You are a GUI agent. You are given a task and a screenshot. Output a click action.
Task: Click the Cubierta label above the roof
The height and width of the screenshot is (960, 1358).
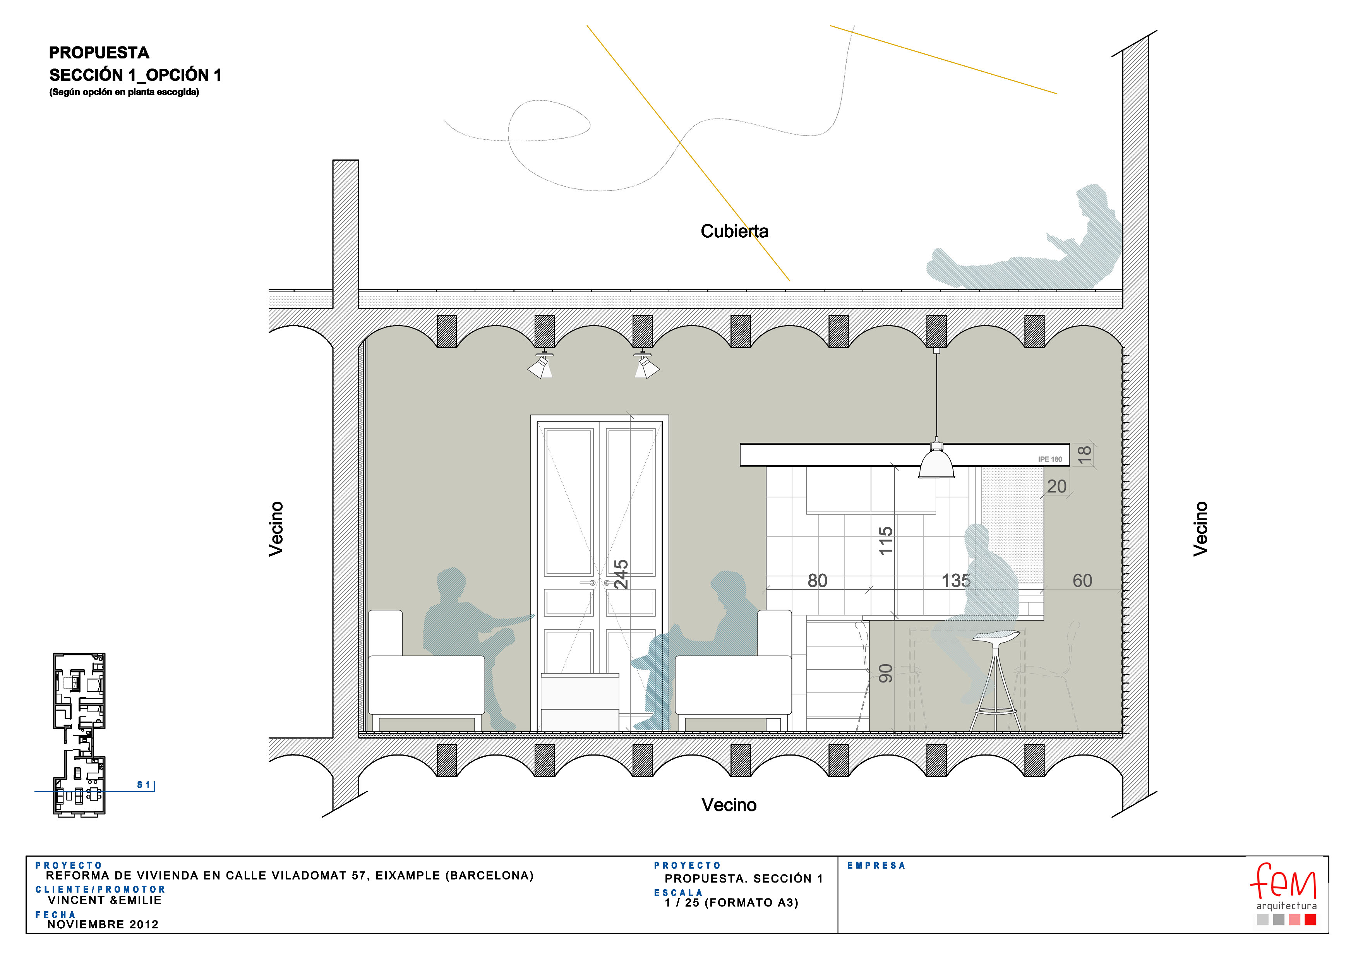coord(734,231)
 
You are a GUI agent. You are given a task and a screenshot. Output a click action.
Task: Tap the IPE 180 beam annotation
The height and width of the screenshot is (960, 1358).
coord(1050,459)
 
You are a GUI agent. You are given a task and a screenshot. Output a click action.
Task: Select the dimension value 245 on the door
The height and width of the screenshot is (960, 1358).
coord(621,574)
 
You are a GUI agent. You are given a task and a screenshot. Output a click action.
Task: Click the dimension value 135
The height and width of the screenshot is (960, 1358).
coord(956,581)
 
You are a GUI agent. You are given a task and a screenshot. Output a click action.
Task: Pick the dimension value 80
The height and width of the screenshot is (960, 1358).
coord(818,581)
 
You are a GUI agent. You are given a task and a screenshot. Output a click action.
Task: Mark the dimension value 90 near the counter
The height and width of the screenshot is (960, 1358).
coord(885,673)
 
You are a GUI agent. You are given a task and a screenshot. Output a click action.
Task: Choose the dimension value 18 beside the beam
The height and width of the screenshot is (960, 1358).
coord(1084,454)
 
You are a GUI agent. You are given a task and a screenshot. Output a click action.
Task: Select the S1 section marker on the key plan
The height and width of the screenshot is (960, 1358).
coord(144,785)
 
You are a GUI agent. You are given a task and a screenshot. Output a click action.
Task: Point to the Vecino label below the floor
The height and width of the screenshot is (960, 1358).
coord(729,805)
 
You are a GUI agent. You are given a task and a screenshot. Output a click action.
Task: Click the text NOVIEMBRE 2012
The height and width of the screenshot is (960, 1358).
coord(103,924)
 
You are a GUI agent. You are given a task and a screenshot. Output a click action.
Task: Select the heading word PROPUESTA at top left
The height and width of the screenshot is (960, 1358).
coord(99,53)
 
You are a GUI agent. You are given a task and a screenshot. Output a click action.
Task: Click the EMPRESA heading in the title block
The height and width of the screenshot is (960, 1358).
coord(876,866)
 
